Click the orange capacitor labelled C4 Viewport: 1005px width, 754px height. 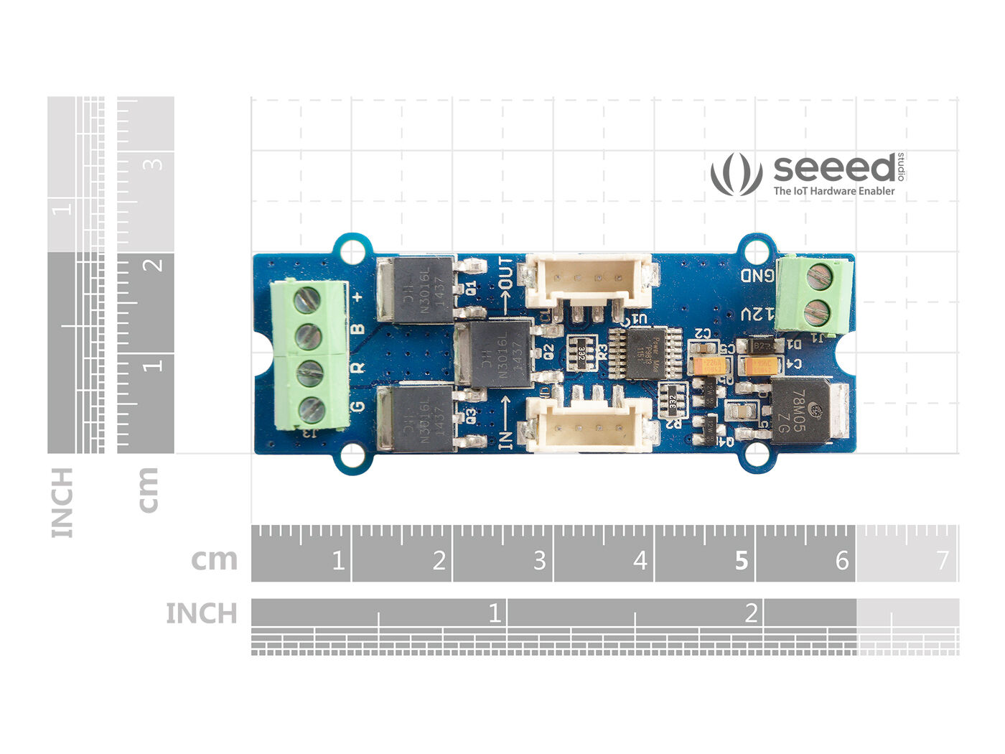click(x=758, y=367)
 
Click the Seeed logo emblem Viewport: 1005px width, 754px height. click(x=736, y=174)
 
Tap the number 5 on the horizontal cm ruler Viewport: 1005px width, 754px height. click(x=741, y=560)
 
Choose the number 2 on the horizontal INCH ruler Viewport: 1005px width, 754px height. click(x=751, y=613)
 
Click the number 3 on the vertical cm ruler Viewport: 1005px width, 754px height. click(x=153, y=164)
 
